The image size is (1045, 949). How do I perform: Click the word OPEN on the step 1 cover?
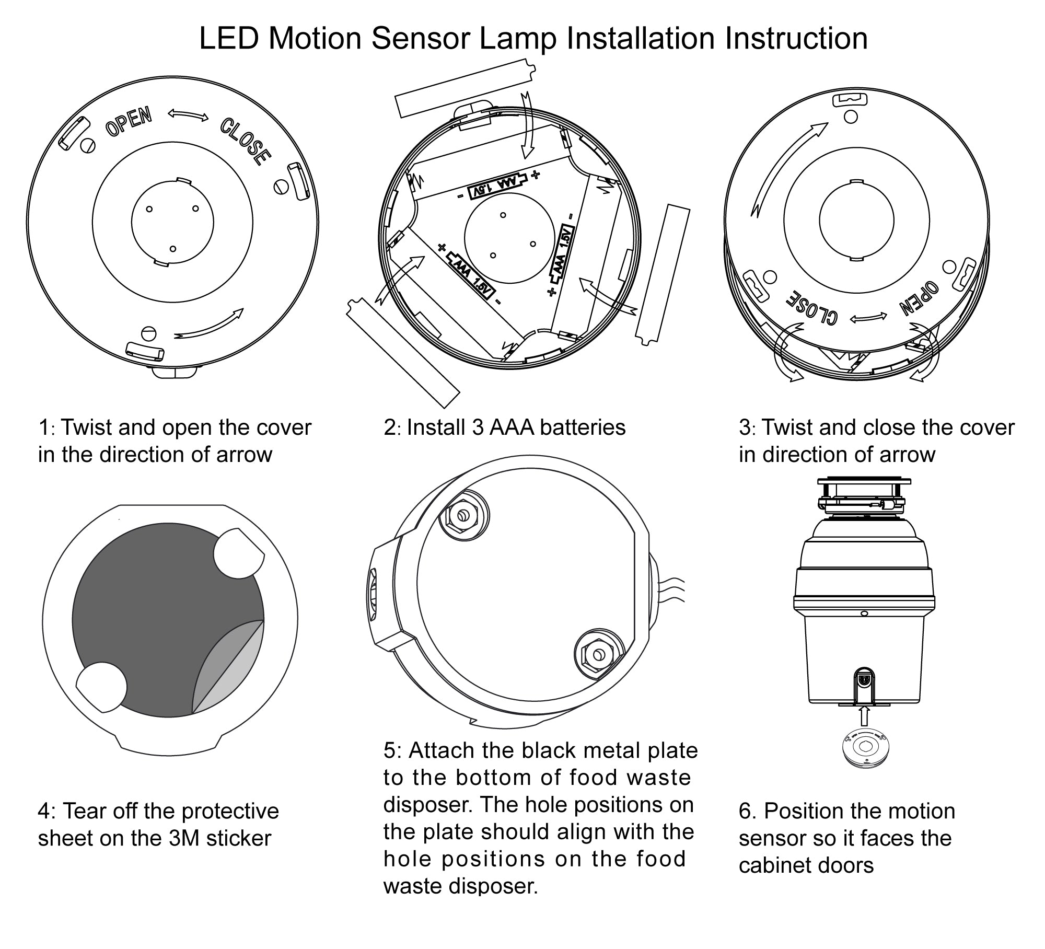coord(129,121)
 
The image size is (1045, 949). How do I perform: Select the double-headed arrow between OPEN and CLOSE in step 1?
coord(188,115)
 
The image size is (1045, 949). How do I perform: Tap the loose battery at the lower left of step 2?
coord(402,353)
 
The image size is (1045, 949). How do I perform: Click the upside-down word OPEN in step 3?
coord(920,299)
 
